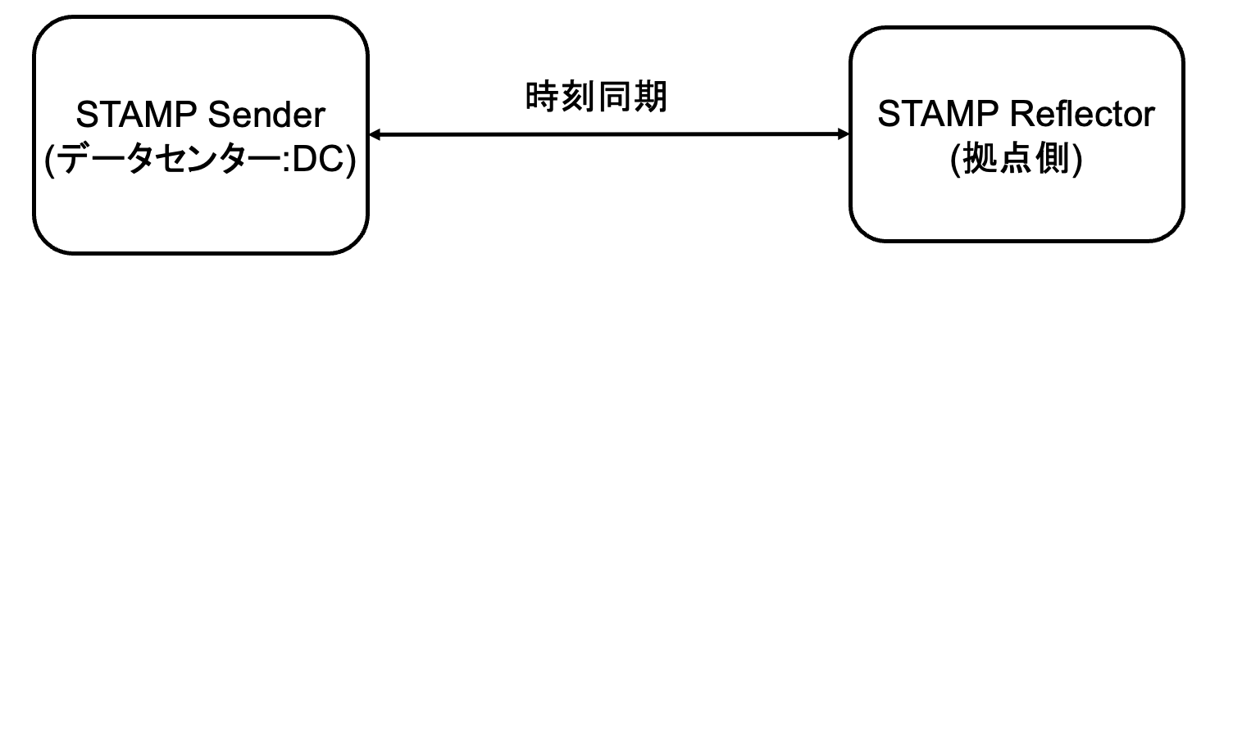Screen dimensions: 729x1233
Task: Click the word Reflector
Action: pyautogui.click(x=1082, y=115)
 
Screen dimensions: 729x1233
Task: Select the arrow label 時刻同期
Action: pyautogui.click(x=596, y=97)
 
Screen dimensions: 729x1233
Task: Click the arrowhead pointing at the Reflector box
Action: pyautogui.click(x=844, y=134)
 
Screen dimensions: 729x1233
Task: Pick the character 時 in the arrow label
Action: pyautogui.click(x=542, y=97)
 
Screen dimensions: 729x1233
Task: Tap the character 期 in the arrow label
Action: pyautogui.click(x=651, y=97)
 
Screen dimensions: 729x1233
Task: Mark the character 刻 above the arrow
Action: pyautogui.click(x=578, y=97)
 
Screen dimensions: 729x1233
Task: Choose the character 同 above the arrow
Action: pyautogui.click(x=615, y=97)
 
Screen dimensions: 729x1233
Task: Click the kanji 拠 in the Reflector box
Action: pyautogui.click(x=980, y=159)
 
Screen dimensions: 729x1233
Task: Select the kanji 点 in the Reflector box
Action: pyautogui.click(x=1017, y=159)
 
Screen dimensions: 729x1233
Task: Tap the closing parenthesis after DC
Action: pyautogui.click(x=350, y=161)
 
